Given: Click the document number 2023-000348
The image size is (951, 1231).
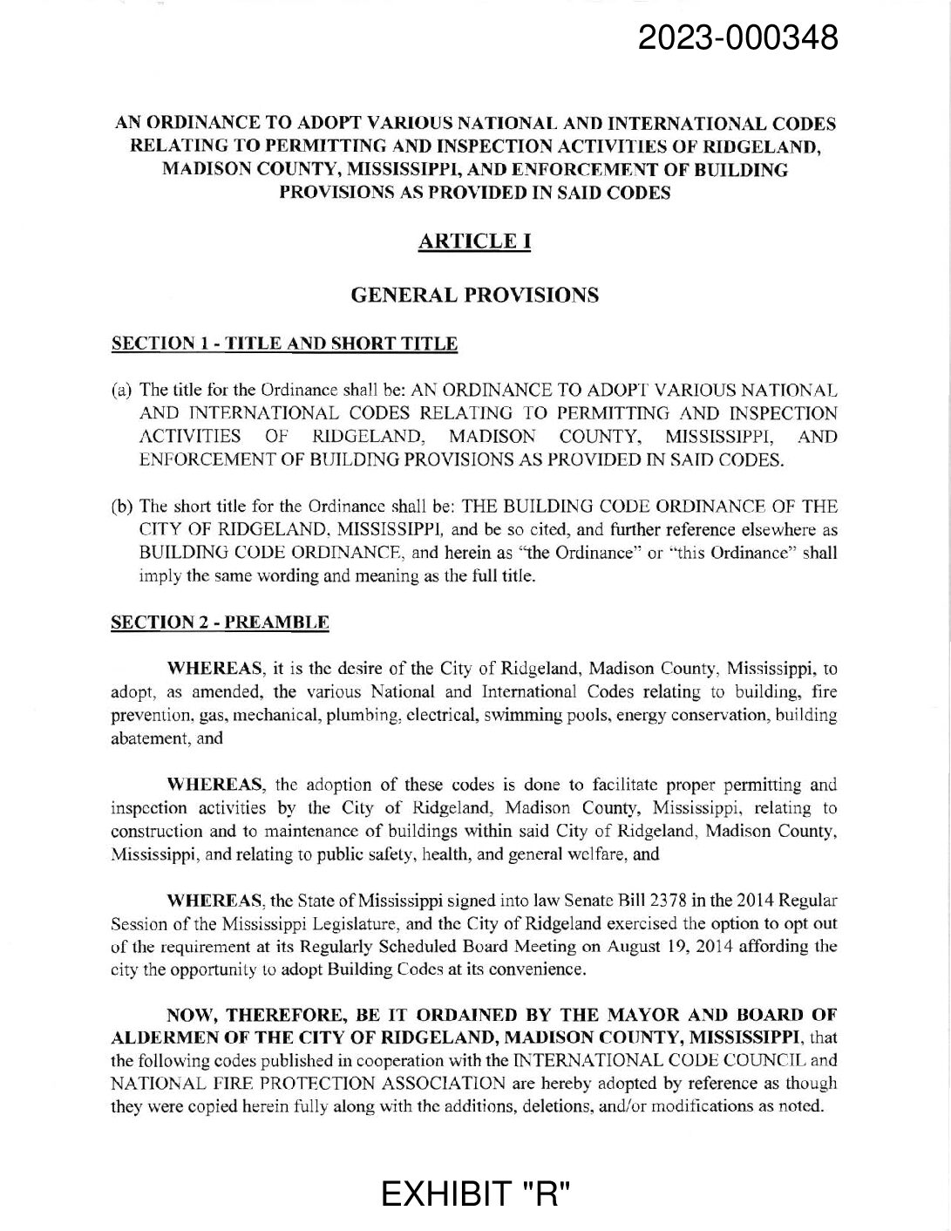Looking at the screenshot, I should coord(738,38).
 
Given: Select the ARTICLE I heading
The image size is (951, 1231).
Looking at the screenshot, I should coord(475,241).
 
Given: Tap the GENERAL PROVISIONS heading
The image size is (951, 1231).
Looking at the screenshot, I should coord(474,296).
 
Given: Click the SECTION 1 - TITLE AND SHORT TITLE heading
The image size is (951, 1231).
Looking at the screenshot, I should coord(285,343).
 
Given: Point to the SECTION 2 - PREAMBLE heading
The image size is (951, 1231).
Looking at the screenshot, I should coord(221,622).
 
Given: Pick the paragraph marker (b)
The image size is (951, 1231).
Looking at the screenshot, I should coord(123,507).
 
